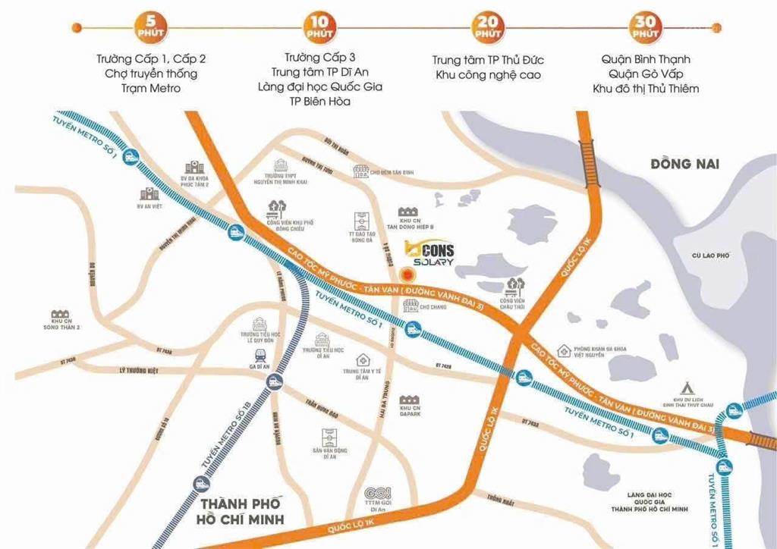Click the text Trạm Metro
click(x=149, y=89)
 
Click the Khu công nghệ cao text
click(x=488, y=75)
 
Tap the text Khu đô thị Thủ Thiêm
click(x=646, y=89)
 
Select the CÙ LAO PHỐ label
click(x=711, y=256)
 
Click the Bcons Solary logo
click(x=429, y=253)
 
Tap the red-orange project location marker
click(x=408, y=274)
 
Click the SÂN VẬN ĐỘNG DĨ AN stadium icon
click(x=329, y=438)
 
